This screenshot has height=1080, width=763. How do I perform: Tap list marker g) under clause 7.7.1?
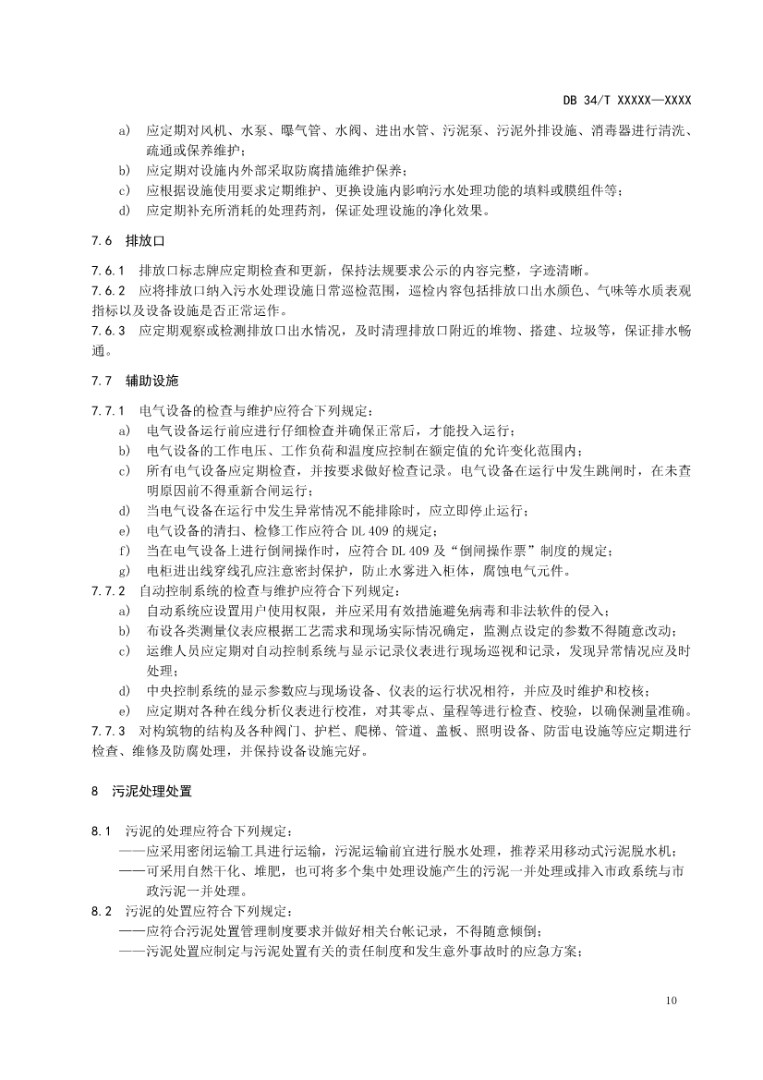124,571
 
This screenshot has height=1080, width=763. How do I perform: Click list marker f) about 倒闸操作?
124,551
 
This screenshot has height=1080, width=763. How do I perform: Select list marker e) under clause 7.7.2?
124,711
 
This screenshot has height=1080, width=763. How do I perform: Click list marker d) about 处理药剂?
124,210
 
